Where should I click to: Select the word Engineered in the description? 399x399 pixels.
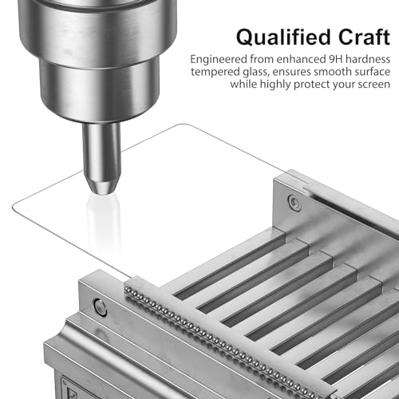(219, 60)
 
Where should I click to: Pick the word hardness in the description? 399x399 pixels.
(368, 59)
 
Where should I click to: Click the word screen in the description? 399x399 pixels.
(374, 85)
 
